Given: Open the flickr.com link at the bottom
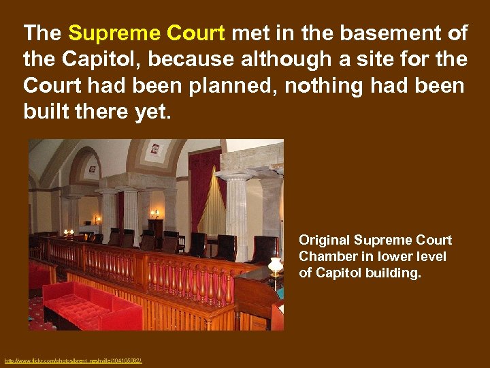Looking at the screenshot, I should click(72, 361).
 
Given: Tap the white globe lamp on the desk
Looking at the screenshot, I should click(276, 264).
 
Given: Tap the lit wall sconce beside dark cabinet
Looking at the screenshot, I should click(154, 213).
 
